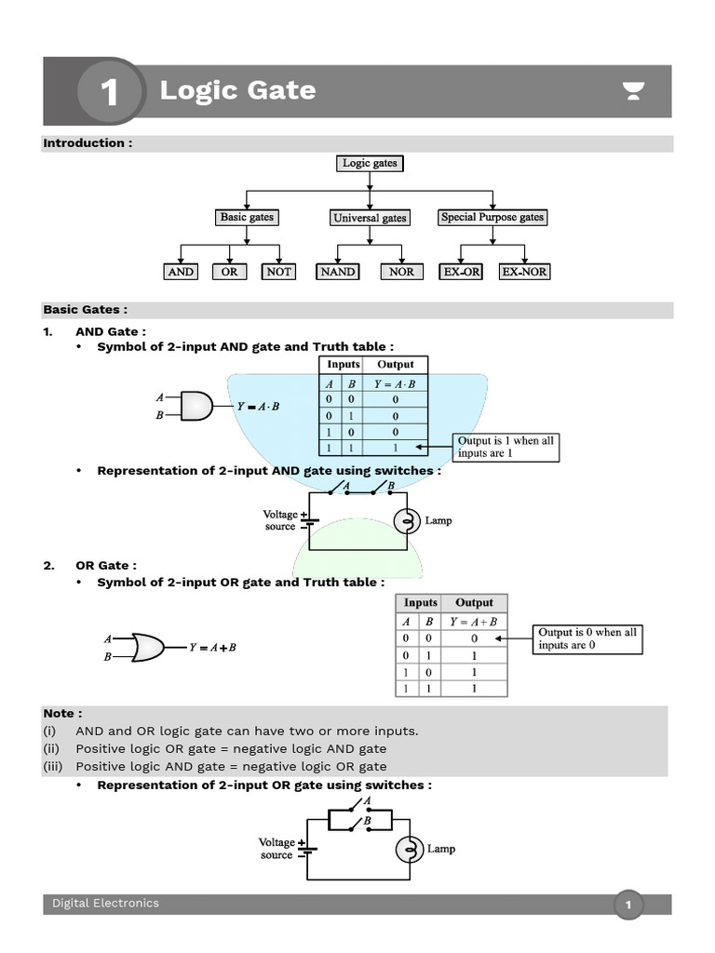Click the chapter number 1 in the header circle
(x=110, y=92)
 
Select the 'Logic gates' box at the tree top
(x=370, y=163)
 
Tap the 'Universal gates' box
(x=370, y=218)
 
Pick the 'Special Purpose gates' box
(x=492, y=217)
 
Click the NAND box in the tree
(x=337, y=272)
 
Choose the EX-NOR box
(x=524, y=272)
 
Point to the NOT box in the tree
(x=278, y=272)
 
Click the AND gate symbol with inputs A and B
(x=196, y=406)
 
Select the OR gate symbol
(x=148, y=647)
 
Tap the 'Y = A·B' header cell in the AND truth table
(x=395, y=383)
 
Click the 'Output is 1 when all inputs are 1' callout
(x=506, y=447)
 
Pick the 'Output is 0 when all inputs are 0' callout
(x=587, y=638)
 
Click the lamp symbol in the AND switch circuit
(x=406, y=521)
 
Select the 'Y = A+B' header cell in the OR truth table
(x=474, y=622)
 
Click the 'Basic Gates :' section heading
(x=85, y=310)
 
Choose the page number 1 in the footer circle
(x=628, y=905)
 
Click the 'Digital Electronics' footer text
(x=105, y=903)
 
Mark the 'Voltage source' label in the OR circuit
(x=277, y=848)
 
